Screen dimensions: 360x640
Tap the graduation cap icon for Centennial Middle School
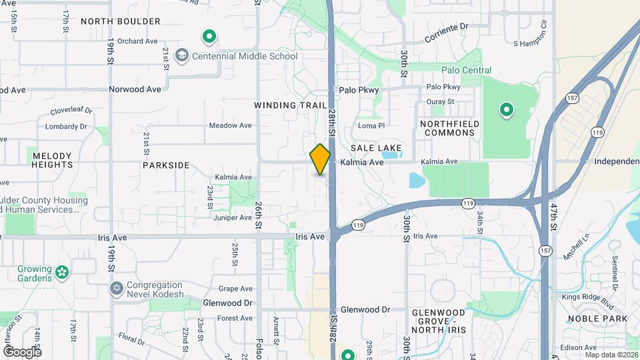tap(181, 56)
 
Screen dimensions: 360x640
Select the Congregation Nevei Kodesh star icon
tap(116, 288)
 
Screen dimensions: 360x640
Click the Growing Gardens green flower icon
tap(62, 271)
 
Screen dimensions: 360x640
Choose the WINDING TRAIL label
tap(290, 105)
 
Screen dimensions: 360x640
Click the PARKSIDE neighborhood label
tap(165, 165)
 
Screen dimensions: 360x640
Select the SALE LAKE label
tap(376, 147)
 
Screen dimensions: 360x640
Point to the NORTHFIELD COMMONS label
tap(447, 128)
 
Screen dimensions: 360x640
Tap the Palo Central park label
tap(466, 70)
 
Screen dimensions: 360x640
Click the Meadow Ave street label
tap(230, 125)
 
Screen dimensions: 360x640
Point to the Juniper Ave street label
tap(233, 217)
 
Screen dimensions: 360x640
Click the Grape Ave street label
tap(236, 289)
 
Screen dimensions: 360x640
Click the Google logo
tap(22, 351)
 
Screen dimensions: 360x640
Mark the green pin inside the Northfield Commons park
tap(506, 109)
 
